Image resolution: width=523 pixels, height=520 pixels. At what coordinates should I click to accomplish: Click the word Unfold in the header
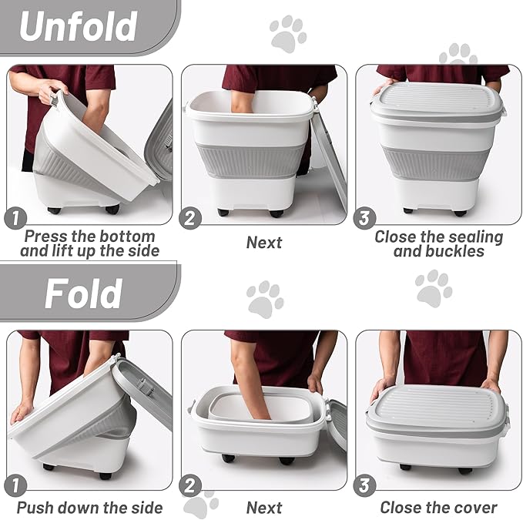[79, 26]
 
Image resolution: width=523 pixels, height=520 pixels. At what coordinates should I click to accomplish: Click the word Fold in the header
[83, 294]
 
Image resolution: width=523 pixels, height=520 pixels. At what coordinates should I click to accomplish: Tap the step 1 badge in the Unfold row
[15, 219]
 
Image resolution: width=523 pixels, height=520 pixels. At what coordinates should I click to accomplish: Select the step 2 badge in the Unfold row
[189, 219]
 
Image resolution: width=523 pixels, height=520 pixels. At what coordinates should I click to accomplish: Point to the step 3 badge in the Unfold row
[364, 219]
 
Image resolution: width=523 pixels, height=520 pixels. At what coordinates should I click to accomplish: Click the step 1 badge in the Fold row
[15, 485]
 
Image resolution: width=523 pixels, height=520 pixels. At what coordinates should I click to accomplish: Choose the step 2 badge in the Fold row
[189, 485]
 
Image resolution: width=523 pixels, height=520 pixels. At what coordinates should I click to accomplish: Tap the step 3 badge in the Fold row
[364, 485]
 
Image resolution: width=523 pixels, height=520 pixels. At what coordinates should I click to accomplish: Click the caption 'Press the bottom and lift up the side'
[89, 243]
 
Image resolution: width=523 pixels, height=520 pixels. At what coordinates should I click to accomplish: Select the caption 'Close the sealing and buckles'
[438, 244]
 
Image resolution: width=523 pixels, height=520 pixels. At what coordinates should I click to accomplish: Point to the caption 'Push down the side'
[89, 508]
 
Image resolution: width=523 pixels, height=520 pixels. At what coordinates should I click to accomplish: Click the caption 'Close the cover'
[438, 508]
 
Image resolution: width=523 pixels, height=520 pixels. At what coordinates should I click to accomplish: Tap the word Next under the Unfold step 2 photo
[264, 243]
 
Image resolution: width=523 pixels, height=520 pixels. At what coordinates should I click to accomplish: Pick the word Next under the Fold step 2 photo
[264, 508]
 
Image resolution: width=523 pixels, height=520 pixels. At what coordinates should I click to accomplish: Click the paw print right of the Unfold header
[288, 34]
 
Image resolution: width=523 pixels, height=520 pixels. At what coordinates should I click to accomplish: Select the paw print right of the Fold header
[265, 299]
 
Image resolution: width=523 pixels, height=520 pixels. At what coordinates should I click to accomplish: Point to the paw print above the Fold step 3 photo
[434, 289]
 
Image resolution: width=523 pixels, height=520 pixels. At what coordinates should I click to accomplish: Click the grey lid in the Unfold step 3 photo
[438, 102]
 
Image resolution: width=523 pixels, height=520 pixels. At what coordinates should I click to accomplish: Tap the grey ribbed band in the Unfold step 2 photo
[250, 159]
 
